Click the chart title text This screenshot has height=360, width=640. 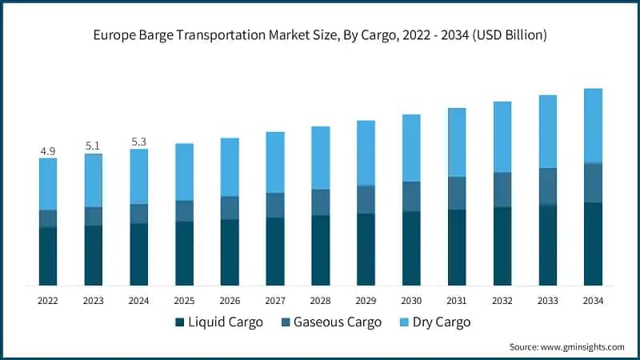[320, 34]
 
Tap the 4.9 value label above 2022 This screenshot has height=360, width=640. [47, 150]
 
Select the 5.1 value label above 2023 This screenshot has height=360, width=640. [93, 146]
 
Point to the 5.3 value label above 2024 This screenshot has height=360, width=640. [138, 142]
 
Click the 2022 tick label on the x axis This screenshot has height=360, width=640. [47, 301]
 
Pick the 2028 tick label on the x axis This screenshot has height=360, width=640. [320, 301]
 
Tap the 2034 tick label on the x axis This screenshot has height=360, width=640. [593, 301]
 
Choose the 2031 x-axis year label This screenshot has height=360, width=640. [457, 301]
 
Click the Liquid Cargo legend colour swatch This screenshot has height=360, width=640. [179, 322]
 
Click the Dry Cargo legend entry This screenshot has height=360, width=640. [437, 322]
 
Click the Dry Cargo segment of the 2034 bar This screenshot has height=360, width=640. [593, 126]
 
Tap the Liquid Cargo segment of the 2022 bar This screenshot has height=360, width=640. [48, 256]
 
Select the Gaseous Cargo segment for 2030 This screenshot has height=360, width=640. [411, 196]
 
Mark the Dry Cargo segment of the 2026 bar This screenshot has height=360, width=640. [230, 166]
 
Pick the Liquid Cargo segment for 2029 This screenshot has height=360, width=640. [366, 249]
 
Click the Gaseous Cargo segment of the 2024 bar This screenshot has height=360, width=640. [138, 214]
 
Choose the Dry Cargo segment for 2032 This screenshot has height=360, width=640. [502, 136]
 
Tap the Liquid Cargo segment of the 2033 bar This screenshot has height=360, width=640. [548, 245]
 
